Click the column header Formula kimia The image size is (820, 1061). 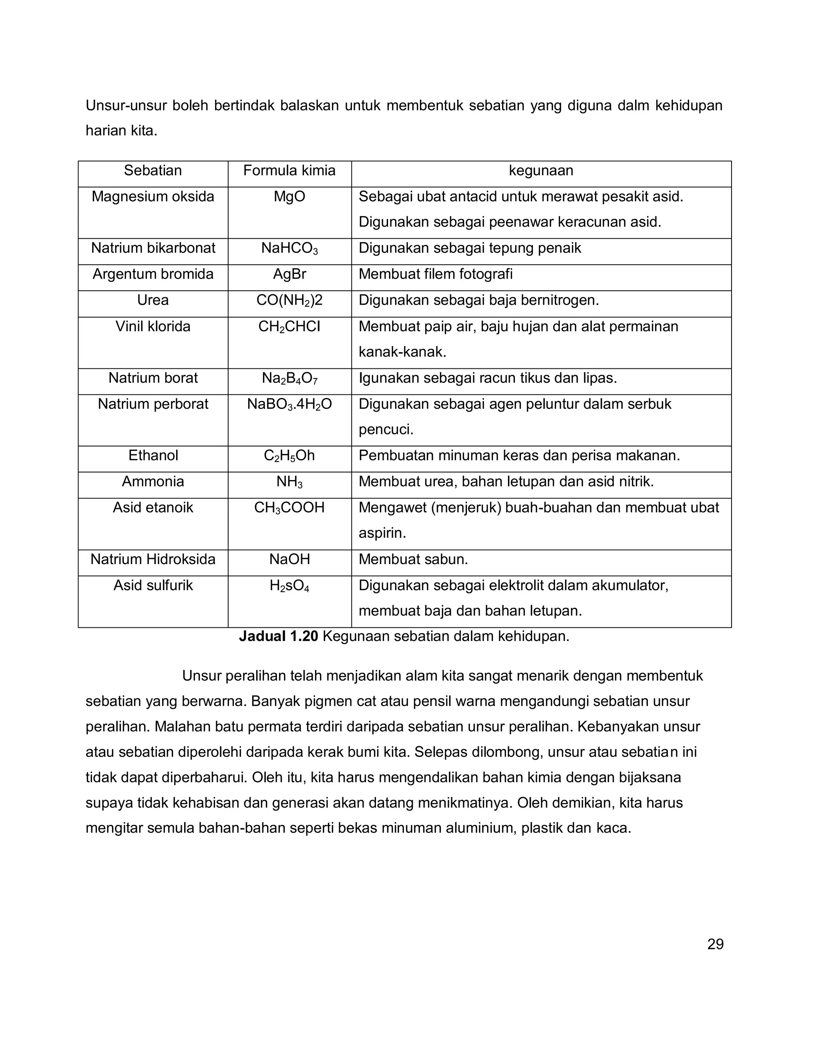click(289, 171)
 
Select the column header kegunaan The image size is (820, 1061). click(541, 171)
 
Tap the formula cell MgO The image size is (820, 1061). click(289, 197)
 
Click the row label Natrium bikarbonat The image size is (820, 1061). click(153, 248)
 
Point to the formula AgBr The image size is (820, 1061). click(289, 275)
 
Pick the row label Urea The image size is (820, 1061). click(153, 300)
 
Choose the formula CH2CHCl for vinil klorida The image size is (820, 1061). click(289, 326)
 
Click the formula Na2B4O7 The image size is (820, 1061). click(289, 378)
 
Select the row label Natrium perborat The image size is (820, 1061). click(153, 404)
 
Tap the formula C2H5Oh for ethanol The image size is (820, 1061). click(289, 456)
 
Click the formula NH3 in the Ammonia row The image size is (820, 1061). click(289, 482)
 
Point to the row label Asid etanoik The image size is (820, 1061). click(153, 508)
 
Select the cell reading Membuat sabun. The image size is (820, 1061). click(413, 560)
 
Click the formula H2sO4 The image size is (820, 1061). click(289, 586)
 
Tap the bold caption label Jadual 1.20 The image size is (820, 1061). click(278, 637)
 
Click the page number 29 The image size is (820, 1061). click(715, 944)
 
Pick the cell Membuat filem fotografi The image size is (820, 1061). click(435, 275)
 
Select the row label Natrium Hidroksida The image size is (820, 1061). click(153, 560)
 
